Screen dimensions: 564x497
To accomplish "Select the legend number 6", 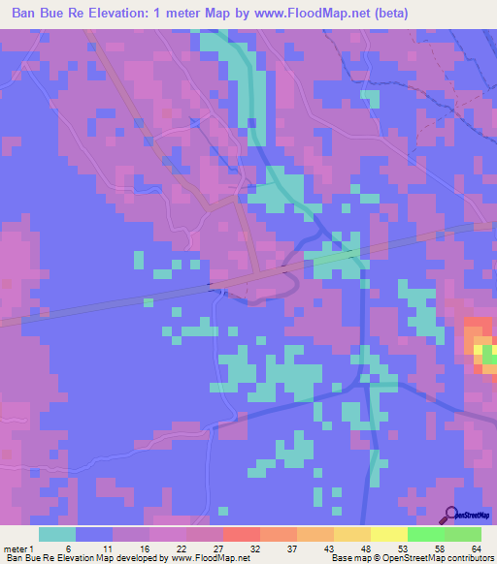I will tap(68, 548).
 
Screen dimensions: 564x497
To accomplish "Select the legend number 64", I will tap(477, 548).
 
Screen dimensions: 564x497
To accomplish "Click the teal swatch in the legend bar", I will tap(57, 534).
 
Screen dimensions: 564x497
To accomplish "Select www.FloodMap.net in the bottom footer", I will tap(207, 558).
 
